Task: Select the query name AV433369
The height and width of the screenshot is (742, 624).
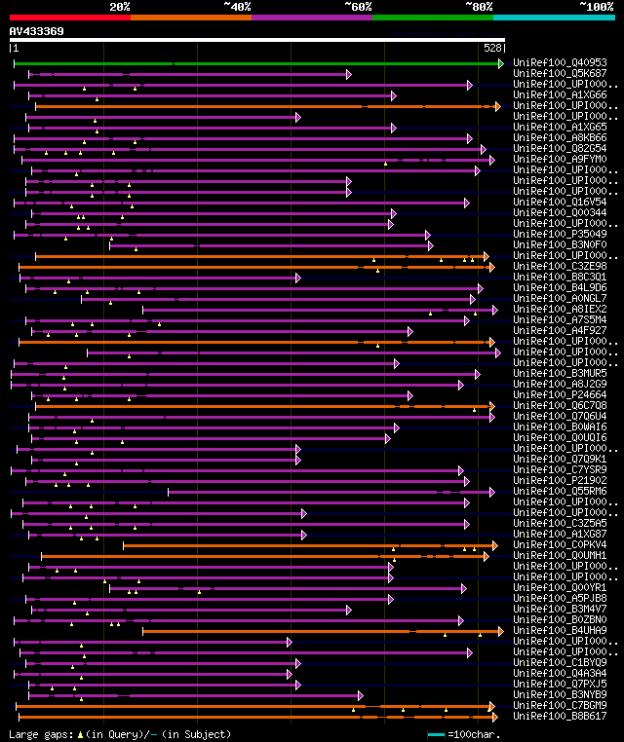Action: (x=37, y=31)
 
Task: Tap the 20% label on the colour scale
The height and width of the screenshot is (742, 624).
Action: (x=120, y=6)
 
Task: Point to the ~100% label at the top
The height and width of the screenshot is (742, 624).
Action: (x=596, y=6)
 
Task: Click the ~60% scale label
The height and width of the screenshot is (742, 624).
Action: (x=358, y=6)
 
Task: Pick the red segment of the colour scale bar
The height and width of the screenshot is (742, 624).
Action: (x=69, y=17)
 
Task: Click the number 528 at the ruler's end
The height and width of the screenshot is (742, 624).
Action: (x=492, y=48)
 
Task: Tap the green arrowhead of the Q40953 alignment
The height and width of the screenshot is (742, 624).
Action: (x=501, y=63)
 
